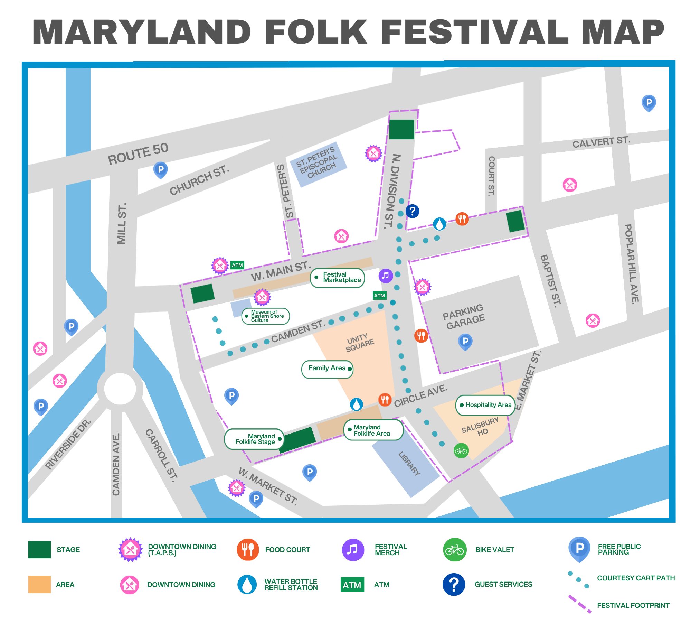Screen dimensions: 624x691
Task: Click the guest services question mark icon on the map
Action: click(x=412, y=211)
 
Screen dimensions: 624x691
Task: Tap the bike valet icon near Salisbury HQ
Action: click(x=461, y=451)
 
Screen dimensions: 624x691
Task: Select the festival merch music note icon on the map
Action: click(x=386, y=276)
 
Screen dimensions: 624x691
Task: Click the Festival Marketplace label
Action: click(x=338, y=278)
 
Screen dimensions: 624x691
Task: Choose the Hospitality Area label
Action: click(x=485, y=405)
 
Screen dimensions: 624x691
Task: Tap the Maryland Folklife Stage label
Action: click(x=255, y=439)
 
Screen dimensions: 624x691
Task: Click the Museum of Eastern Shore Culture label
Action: click(x=265, y=316)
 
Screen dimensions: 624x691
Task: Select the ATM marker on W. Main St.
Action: click(x=237, y=265)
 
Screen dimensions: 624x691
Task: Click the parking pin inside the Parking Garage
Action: click(x=465, y=341)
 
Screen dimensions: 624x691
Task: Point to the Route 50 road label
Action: click(x=138, y=154)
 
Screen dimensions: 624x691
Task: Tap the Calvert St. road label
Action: click(x=601, y=142)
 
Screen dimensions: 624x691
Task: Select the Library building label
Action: click(x=409, y=464)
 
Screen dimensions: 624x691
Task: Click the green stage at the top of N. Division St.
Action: click(x=401, y=129)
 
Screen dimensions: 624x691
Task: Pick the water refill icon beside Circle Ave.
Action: click(x=356, y=404)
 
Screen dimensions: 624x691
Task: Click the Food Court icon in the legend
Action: click(x=247, y=550)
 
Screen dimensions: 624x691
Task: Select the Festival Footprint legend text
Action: click(x=633, y=605)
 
